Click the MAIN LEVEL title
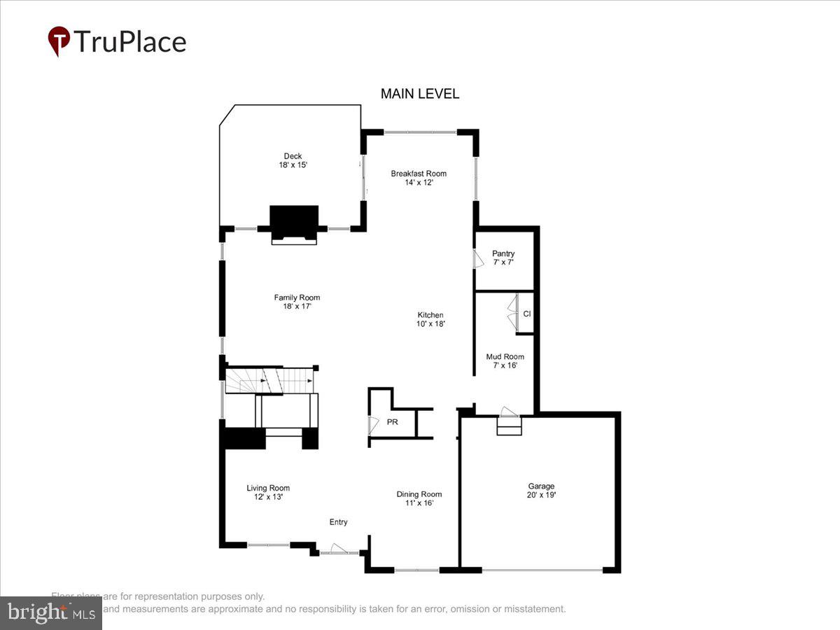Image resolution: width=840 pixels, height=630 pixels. click(420, 94)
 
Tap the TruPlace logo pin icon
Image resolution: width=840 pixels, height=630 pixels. click(58, 41)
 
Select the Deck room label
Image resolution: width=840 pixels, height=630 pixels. click(293, 156)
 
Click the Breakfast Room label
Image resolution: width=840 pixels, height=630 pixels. click(418, 174)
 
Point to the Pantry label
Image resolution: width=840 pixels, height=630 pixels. click(503, 253)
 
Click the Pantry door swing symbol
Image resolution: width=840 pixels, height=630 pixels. click(479, 259)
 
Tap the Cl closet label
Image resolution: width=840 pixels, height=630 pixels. click(527, 314)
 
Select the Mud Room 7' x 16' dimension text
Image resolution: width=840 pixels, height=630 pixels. click(505, 365)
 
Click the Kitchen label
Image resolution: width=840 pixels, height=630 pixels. click(430, 315)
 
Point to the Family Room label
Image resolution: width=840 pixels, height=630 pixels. click(297, 297)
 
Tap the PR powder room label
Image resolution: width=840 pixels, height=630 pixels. click(393, 423)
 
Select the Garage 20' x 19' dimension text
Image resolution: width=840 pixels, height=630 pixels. click(541, 495)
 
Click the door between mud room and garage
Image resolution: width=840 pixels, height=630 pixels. click(509, 412)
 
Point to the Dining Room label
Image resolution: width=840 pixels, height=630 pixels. click(419, 494)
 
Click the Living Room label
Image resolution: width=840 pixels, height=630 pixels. click(267, 488)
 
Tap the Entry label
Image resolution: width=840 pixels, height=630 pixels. click(338, 522)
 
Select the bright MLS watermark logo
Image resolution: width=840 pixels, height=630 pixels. click(50, 612)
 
